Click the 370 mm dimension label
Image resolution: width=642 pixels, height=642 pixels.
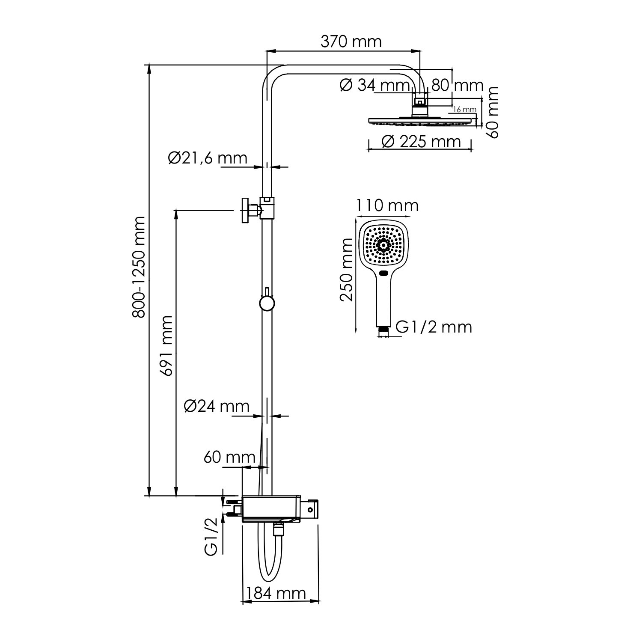(351, 42)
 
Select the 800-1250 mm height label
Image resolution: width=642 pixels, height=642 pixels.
(139, 267)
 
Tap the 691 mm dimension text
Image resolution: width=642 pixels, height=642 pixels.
(166, 346)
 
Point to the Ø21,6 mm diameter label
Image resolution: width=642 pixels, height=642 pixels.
(208, 158)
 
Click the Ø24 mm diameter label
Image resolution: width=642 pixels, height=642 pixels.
(217, 406)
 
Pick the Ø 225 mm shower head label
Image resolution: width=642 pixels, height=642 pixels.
(421, 141)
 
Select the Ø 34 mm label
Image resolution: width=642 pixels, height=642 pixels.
(374, 85)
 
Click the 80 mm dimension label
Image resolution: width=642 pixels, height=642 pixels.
(457, 85)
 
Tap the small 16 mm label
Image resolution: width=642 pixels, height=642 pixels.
(464, 110)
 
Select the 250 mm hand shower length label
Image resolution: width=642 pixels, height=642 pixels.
(347, 270)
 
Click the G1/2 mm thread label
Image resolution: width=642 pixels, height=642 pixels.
(434, 327)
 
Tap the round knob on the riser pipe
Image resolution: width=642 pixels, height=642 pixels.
(267, 303)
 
